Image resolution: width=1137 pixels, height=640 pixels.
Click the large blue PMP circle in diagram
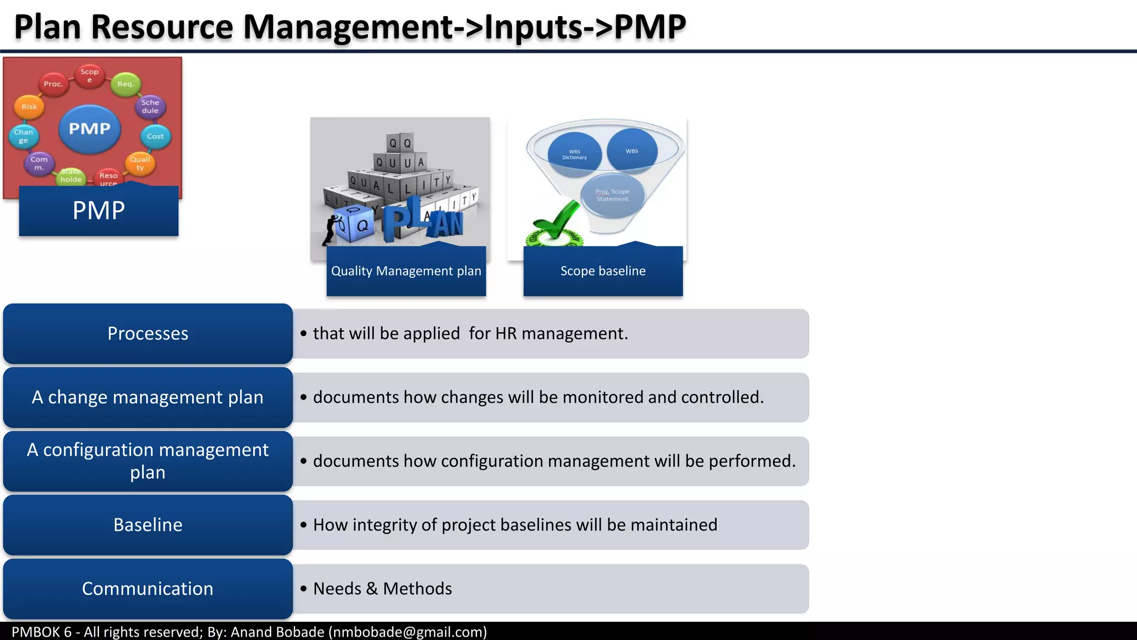pos(89,129)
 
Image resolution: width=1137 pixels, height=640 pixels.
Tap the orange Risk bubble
pos(29,107)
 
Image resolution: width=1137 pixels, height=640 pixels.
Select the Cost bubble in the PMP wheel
pos(155,136)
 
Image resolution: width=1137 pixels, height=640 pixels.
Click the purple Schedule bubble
pos(150,106)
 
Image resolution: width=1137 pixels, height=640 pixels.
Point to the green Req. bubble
pos(125,84)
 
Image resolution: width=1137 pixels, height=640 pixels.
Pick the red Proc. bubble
pos(53,84)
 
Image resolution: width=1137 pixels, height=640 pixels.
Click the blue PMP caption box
pos(99,211)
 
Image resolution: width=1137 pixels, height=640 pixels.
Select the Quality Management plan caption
pos(406,271)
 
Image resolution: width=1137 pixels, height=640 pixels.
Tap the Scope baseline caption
pos(603,271)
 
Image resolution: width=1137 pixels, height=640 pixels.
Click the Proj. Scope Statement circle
pos(612,195)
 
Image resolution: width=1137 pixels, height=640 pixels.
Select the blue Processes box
pos(148,333)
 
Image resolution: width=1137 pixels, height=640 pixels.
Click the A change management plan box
pos(148,397)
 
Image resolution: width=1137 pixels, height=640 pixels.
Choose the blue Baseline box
pos(148,525)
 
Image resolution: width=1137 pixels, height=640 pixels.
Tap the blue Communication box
pos(148,589)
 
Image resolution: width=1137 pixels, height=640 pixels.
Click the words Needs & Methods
pos(383,589)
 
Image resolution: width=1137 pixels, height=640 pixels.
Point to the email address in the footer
pos(407,632)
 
